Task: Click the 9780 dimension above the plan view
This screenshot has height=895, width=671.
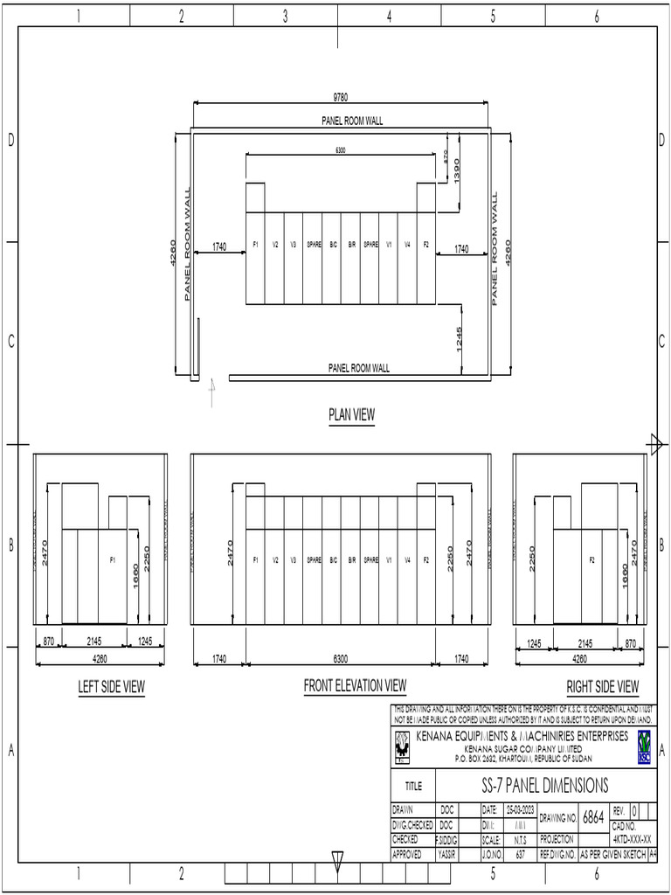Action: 341,97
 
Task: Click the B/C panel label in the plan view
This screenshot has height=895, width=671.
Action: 333,246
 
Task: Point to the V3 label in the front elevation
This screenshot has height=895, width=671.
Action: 294,559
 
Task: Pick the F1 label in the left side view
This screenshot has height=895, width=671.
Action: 113,559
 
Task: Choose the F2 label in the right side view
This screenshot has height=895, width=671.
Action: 592,559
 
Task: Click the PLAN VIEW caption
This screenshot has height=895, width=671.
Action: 351,415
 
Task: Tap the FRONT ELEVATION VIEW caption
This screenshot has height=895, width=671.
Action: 355,685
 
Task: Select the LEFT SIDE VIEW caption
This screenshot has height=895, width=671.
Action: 112,687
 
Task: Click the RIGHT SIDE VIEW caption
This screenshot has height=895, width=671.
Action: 603,687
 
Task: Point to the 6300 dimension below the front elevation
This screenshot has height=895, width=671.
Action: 341,659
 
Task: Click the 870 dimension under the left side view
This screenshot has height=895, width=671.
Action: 49,642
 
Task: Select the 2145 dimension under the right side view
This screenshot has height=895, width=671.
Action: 585,643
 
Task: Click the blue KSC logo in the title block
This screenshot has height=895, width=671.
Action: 644,746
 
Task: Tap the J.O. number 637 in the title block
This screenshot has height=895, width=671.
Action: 520,855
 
